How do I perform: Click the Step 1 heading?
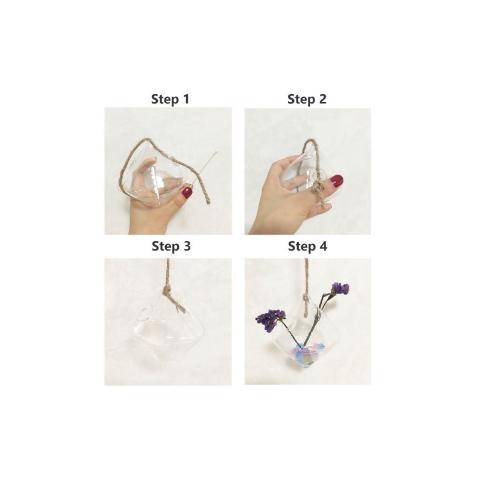coord(170,99)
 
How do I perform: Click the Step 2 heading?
coord(307,99)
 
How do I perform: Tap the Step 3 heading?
coord(171,246)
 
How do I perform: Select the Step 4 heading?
coord(307,246)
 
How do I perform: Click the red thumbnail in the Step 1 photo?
coord(187,193)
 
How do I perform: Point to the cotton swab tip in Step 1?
coord(216,152)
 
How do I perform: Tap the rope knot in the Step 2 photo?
coord(318,187)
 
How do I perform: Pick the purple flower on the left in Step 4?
coord(268,321)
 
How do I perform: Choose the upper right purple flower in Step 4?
coord(340,289)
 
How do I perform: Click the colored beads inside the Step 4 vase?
coord(305,354)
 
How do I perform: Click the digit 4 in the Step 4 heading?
coord(324,246)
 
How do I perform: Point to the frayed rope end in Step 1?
coord(208,201)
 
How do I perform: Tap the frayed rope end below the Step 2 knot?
coord(322,205)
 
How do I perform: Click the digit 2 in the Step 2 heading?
coord(322,99)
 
